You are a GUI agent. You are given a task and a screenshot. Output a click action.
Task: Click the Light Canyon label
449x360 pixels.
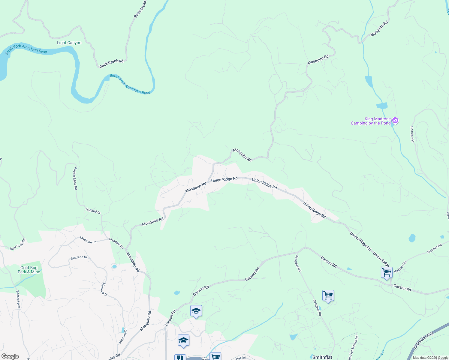(69, 43)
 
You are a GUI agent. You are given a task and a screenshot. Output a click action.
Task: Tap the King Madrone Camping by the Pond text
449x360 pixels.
(371, 121)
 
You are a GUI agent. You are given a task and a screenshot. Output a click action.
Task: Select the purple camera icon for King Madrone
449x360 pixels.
(395, 121)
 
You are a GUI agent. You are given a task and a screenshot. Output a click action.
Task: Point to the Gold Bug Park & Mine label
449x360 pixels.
(29, 270)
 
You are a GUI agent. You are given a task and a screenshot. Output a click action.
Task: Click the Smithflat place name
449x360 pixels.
(322, 357)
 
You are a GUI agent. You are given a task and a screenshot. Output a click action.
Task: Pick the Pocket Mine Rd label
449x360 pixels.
(75, 178)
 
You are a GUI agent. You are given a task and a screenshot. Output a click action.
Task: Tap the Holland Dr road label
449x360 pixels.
(93, 211)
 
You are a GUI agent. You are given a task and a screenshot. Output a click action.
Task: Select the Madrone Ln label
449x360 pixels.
(88, 240)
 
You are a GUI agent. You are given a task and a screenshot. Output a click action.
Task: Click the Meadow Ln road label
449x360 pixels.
(116, 243)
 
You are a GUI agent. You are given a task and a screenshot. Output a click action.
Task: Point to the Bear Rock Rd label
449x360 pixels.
(18, 244)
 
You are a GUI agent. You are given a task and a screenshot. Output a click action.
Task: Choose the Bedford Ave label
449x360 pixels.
(18, 299)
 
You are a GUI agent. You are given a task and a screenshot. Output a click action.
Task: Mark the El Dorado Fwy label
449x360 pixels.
(424, 340)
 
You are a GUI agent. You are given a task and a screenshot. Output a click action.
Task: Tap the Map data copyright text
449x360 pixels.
(430, 358)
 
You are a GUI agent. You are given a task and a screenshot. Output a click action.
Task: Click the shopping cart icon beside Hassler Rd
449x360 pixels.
(387, 272)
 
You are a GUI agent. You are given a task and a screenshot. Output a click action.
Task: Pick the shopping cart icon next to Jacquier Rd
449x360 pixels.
(328, 295)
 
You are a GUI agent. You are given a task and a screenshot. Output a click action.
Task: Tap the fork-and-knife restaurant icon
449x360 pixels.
(180, 358)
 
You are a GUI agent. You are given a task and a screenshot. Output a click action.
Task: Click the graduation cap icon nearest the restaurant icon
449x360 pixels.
(183, 340)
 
